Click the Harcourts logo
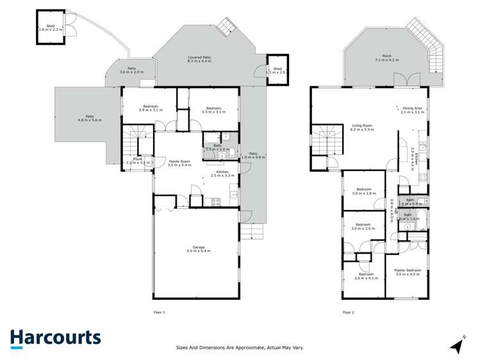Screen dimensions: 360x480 55,338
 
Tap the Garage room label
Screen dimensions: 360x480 202,249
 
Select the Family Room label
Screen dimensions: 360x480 179,163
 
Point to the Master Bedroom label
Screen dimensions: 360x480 408,272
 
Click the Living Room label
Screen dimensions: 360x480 362,127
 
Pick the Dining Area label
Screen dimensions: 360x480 412,110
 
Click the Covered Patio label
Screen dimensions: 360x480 199,60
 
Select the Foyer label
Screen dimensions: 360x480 138,161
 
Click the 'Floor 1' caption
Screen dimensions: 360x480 160,312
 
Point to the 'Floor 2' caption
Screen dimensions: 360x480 348,312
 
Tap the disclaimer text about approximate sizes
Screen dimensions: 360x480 240,348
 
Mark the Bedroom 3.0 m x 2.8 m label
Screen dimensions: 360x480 363,191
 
